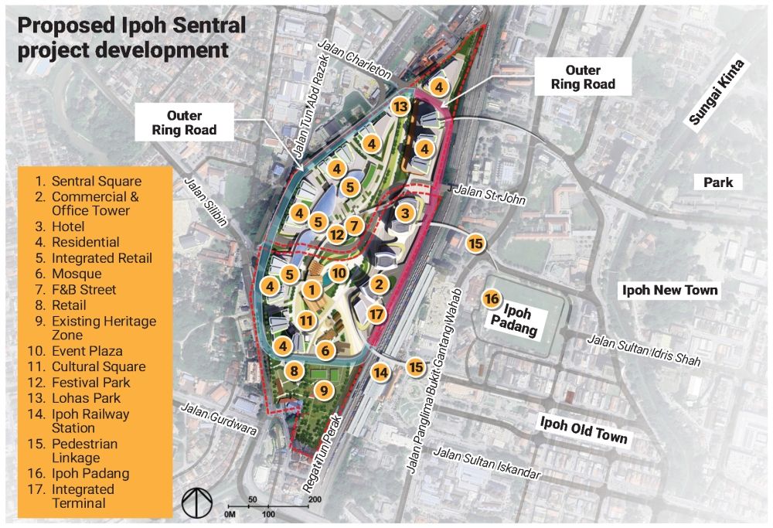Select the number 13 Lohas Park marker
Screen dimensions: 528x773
[x=400, y=107]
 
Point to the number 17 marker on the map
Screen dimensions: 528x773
[x=376, y=314]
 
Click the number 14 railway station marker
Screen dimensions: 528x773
[x=380, y=373]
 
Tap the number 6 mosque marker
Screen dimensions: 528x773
[x=325, y=351]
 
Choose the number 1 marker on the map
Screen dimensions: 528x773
[x=312, y=290]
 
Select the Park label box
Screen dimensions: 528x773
[x=718, y=182]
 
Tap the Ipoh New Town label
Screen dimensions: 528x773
[x=670, y=291]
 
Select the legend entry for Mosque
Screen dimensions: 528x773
[x=77, y=274]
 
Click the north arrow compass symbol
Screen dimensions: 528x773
[x=196, y=502]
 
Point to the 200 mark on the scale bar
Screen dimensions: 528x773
[x=315, y=499]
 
